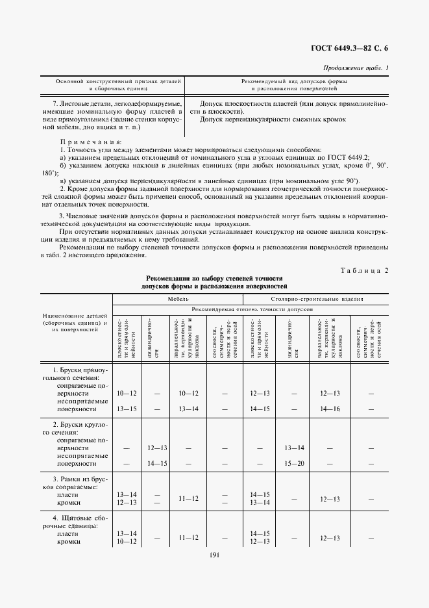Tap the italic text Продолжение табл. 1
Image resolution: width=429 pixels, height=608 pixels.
[355, 68]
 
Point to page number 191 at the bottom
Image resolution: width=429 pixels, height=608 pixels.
[214, 553]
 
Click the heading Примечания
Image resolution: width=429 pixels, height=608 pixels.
[90, 141]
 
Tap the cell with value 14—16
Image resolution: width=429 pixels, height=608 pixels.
[330, 408]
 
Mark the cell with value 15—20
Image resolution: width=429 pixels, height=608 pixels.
[294, 463]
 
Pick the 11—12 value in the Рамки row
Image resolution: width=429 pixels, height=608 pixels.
[188, 498]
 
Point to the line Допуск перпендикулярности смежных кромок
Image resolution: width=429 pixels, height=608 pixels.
[273, 120]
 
